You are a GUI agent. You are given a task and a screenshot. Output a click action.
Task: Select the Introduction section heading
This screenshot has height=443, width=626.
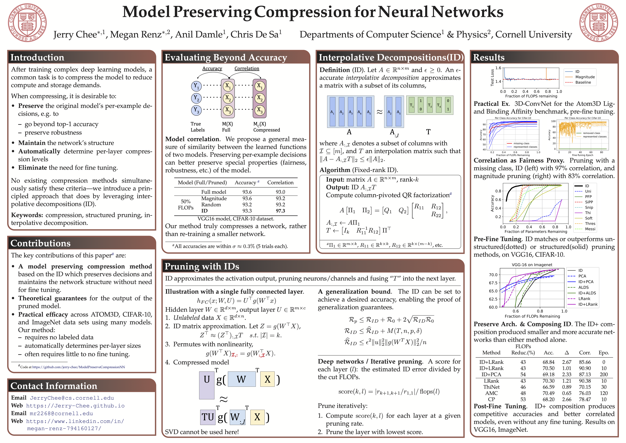coord(37,58)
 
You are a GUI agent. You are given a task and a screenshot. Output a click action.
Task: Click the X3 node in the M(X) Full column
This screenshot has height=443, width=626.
coord(228,110)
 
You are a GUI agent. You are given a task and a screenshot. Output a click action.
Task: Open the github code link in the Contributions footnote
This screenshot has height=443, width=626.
coord(79,367)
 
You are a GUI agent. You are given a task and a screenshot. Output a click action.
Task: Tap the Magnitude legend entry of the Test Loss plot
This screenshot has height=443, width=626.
coord(585,77)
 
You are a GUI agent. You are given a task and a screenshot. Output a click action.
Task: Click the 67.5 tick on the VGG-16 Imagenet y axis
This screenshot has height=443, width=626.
coord(493,283)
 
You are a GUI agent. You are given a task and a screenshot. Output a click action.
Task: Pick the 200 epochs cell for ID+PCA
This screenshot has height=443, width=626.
coord(604,375)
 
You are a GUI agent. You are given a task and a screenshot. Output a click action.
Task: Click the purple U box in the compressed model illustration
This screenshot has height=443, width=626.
coord(207,385)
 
